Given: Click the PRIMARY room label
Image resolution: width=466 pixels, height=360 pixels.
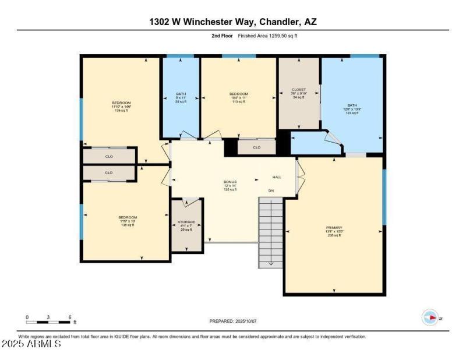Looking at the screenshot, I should pyautogui.click(x=334, y=228).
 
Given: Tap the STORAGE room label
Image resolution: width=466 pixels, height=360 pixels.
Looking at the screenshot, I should pyautogui.click(x=186, y=222).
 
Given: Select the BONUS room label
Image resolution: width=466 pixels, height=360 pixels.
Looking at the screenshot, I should pyautogui.click(x=230, y=182).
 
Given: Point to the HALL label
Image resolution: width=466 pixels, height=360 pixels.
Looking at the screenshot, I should pyautogui.click(x=277, y=177).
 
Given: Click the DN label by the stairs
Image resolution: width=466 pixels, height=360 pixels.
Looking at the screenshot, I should pyautogui.click(x=271, y=190).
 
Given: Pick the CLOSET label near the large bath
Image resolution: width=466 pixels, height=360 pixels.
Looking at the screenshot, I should pyautogui.click(x=298, y=90).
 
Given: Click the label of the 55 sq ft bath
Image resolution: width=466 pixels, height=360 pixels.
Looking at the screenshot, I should pyautogui.click(x=181, y=94).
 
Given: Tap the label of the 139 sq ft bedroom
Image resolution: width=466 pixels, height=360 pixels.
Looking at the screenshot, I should pyautogui.click(x=121, y=103).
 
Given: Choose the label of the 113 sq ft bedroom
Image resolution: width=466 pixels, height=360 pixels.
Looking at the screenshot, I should pyautogui.click(x=238, y=94).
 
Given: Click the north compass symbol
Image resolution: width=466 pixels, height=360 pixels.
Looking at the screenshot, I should pyautogui.click(x=430, y=318).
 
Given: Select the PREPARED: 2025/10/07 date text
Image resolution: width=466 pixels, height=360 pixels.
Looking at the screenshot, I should pyautogui.click(x=232, y=322).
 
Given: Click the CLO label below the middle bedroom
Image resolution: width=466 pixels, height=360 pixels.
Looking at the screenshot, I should pyautogui.click(x=256, y=148).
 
